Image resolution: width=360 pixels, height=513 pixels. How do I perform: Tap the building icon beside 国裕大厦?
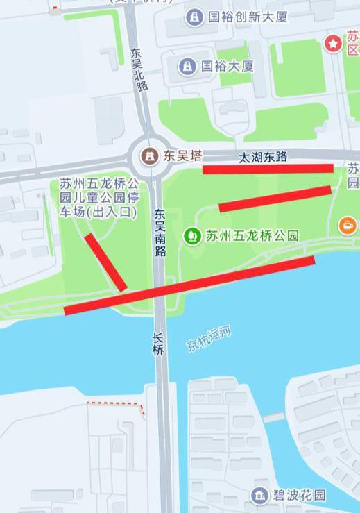(187, 67)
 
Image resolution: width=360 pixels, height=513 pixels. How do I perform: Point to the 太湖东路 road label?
(263, 157)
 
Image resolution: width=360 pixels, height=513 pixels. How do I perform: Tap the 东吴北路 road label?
(139, 69)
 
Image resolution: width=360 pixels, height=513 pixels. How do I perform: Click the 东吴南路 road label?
(160, 233)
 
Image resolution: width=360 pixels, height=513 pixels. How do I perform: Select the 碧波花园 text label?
(299, 495)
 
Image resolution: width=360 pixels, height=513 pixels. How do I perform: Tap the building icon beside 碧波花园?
(260, 495)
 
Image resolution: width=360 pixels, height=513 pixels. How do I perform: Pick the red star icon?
(334, 44)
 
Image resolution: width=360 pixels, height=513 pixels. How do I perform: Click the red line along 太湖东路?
(268, 169)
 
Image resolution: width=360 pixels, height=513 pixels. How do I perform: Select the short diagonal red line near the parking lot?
(105, 262)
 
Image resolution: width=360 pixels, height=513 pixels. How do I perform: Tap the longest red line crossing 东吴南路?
(189, 285)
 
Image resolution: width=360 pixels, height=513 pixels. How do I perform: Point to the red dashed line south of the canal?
(117, 405)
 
